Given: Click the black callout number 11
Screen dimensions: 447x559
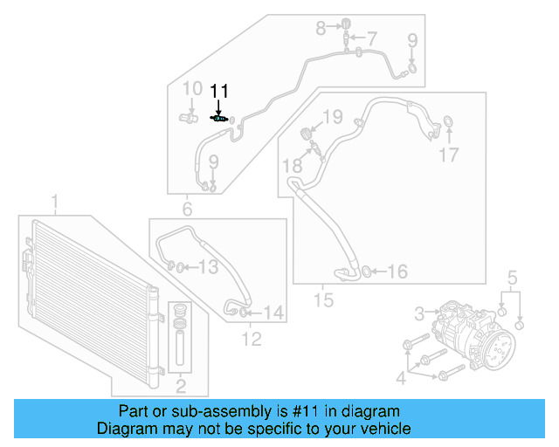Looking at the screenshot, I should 218,91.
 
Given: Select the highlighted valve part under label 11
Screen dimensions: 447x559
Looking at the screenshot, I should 221,119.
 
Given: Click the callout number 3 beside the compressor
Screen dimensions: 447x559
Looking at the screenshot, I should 419,312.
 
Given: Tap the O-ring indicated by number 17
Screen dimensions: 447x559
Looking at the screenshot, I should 448,121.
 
